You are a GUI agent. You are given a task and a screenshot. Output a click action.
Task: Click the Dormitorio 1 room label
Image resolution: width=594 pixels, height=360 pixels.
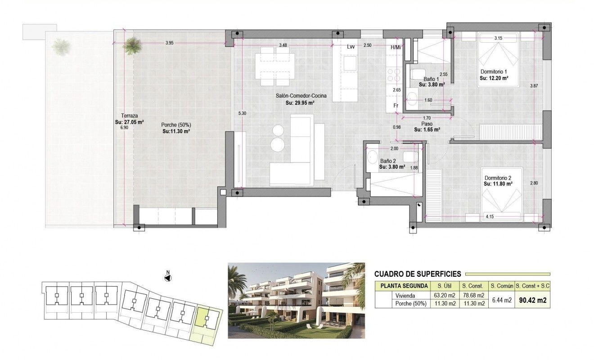click(x=494, y=72)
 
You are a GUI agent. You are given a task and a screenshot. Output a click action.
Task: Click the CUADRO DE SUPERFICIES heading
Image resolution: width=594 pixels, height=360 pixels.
click(x=417, y=273)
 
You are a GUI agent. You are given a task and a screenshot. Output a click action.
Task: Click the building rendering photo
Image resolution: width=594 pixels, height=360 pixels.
click(x=296, y=300)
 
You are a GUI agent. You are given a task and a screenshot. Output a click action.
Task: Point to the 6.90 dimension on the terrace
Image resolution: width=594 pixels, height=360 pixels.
click(x=124, y=128)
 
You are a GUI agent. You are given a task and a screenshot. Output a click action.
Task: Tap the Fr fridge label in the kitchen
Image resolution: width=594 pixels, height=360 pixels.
click(x=396, y=106)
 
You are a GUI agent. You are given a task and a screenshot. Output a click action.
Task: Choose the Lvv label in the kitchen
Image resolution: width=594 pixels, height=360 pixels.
click(x=351, y=46)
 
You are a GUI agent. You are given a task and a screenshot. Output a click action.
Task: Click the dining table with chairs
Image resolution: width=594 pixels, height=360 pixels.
click(x=274, y=69)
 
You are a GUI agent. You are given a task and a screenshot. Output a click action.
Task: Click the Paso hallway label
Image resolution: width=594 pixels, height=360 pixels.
click(x=427, y=124)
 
